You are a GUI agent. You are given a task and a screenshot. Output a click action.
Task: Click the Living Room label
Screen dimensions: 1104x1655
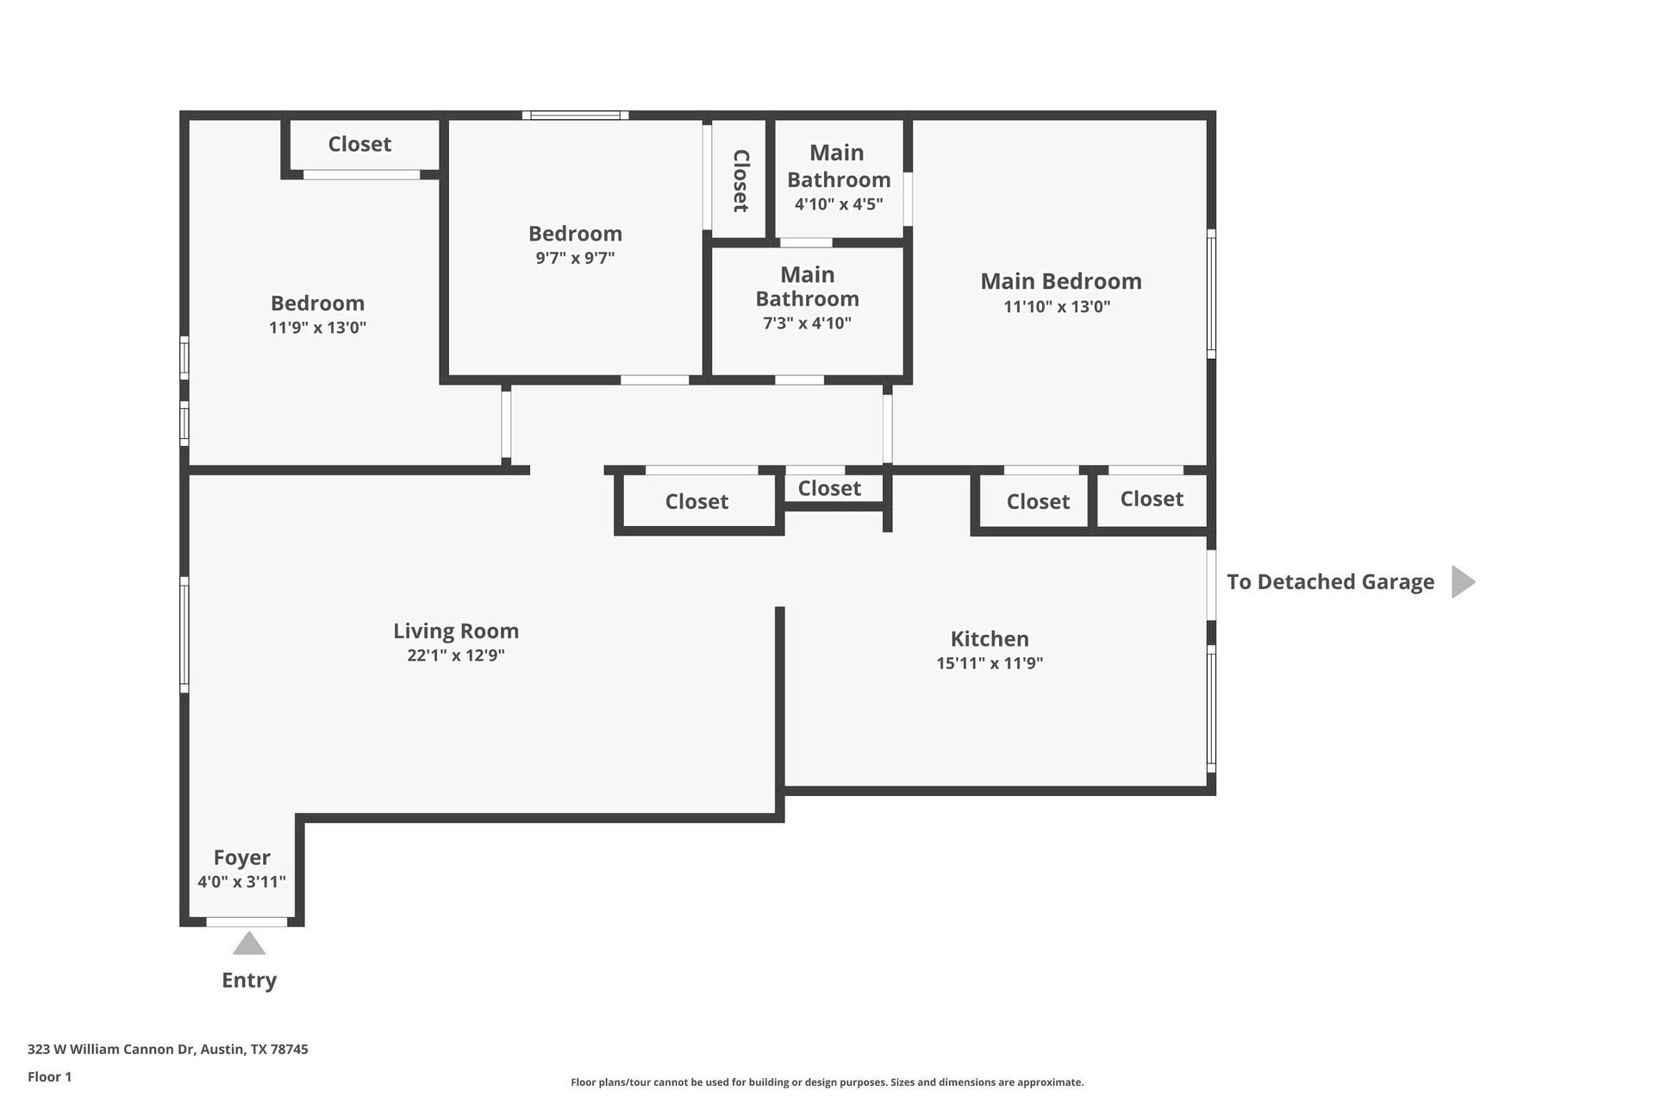coord(455,630)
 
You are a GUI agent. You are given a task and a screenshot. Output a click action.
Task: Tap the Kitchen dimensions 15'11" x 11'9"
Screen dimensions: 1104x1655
coord(990,663)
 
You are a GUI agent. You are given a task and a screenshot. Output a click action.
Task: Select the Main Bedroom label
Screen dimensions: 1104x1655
coord(1060,281)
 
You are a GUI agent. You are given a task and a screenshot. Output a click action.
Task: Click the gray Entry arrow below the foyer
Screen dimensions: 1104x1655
coord(249,944)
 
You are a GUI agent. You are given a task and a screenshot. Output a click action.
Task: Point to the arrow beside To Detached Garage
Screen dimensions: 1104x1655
coord(1463,582)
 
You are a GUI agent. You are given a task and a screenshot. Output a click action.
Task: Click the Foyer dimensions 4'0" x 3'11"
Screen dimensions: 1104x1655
coord(241,881)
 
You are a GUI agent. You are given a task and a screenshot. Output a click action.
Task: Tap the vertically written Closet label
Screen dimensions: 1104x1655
coord(740,180)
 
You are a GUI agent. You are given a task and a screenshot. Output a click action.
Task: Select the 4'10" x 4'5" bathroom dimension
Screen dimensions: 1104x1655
coord(838,204)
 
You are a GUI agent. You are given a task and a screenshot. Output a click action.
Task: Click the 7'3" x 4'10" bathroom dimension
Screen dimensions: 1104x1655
coord(807,323)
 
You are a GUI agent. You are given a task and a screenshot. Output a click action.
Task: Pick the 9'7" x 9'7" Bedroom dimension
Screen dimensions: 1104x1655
coord(575,258)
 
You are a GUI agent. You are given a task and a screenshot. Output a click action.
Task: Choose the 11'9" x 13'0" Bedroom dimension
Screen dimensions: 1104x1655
coord(317,328)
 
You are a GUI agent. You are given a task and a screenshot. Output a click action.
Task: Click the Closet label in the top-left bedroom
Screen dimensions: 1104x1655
coord(359,144)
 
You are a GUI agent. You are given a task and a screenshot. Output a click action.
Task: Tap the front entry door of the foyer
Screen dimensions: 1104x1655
coord(247,922)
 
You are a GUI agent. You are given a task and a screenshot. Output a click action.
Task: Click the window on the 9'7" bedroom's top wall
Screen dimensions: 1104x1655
coord(575,116)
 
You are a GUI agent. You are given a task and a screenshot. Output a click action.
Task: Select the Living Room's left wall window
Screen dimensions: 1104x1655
coord(184,634)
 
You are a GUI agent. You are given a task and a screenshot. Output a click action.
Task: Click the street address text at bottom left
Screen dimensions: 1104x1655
coord(167,1049)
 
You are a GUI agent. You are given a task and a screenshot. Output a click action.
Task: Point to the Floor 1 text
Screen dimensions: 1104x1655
coord(49,1076)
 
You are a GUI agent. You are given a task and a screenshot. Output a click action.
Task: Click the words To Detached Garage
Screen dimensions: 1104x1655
coord(1330,582)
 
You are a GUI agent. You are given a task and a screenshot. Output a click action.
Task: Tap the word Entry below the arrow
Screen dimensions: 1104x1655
coord(249,980)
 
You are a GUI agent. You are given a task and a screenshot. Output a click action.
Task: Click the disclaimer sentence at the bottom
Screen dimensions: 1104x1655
coord(827,1082)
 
